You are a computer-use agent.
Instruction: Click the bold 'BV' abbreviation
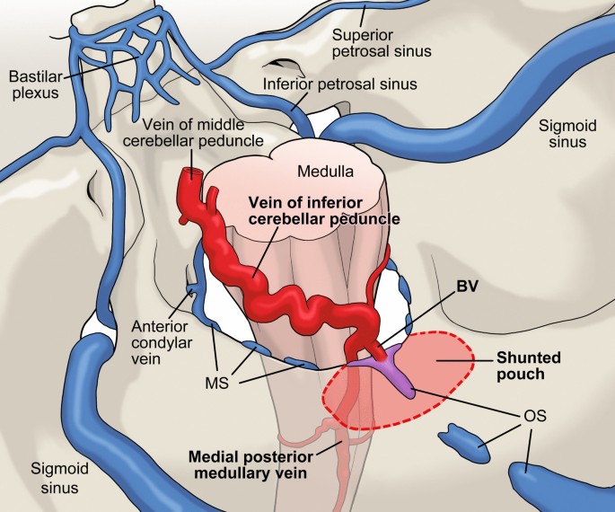point(468,288)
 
